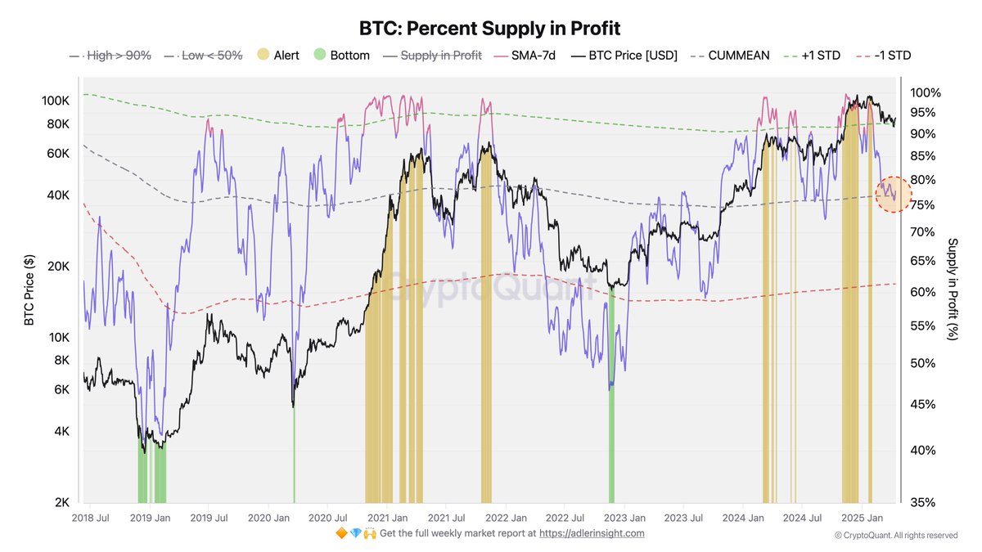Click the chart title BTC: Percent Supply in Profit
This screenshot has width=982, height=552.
tap(490, 29)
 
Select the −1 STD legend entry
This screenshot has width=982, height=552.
tap(883, 56)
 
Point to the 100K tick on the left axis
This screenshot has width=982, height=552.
tap(57, 101)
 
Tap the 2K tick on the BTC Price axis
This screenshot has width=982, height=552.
tap(63, 502)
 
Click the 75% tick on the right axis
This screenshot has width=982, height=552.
tap(921, 205)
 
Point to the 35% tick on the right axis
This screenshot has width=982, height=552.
tap(921, 502)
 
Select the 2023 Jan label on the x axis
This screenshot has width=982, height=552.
tap(627, 518)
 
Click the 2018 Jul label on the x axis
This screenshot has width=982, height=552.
tap(91, 518)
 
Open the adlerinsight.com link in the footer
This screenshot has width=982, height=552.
tap(592, 533)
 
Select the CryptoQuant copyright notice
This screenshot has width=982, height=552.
tap(896, 535)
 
